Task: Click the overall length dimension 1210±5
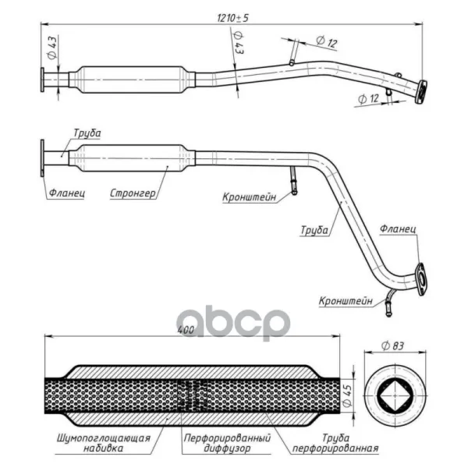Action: pos(232,18)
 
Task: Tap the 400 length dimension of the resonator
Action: pos(186,330)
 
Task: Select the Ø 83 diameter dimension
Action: pos(392,346)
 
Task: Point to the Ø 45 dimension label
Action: pos(347,395)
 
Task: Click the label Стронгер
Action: pos(133,193)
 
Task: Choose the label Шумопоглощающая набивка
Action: pos(104,443)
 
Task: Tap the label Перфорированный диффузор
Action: pos(227,443)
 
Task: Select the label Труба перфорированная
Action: pos(335,443)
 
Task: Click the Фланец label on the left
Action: pos(67,193)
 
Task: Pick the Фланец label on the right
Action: pos(398,229)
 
